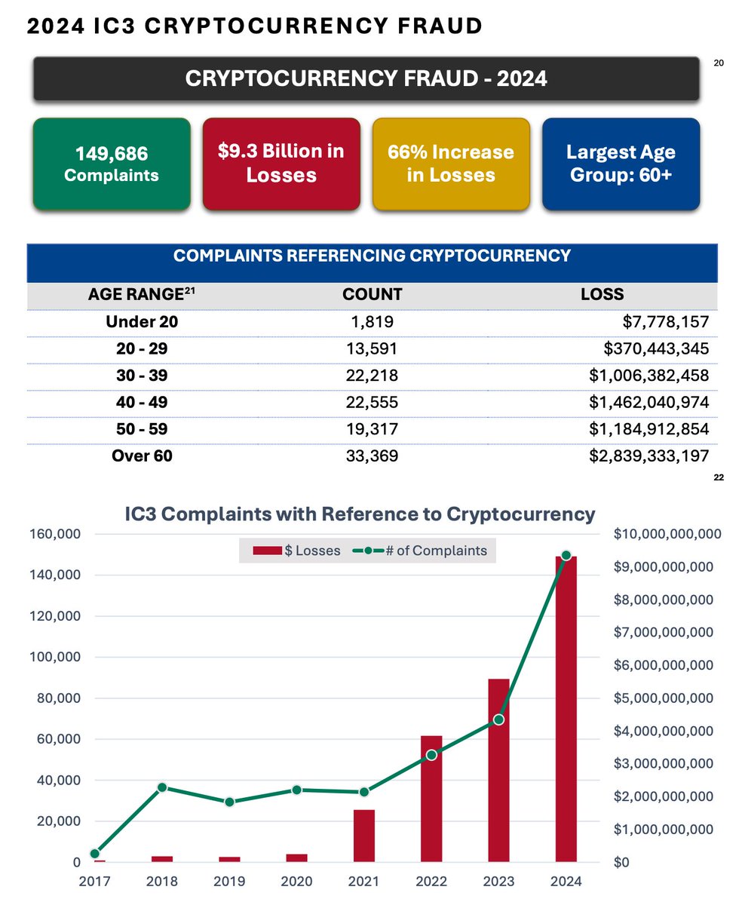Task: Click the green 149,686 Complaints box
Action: [112, 164]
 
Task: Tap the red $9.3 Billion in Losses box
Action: [281, 164]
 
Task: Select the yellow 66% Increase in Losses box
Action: [451, 164]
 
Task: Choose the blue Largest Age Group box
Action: [621, 164]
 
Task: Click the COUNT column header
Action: [372, 295]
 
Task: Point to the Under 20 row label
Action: [142, 322]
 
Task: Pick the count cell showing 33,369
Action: [372, 456]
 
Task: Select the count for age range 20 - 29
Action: [372, 349]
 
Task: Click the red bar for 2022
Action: [431, 799]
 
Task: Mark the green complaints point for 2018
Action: [161, 787]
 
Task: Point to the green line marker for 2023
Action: [498, 719]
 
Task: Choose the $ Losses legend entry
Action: [298, 551]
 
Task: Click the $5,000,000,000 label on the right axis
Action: [664, 698]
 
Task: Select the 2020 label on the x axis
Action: [296, 881]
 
